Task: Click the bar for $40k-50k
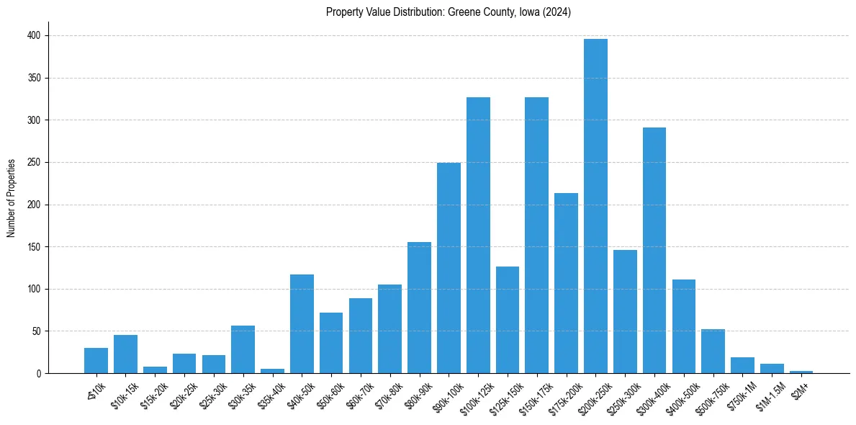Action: tap(302, 324)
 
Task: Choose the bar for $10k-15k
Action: tap(125, 354)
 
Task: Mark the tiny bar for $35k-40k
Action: tap(272, 371)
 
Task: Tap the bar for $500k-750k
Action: tap(713, 352)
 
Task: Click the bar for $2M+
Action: tap(801, 372)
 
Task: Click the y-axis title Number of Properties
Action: tap(11, 198)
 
